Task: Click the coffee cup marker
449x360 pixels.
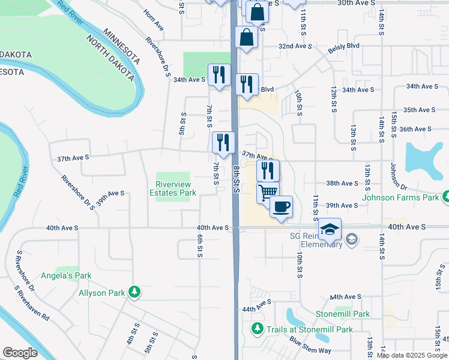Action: tap(281, 207)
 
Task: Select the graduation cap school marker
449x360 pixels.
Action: tap(330, 229)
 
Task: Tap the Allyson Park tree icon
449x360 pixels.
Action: tap(135, 293)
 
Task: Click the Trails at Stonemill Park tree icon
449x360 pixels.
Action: tap(258, 329)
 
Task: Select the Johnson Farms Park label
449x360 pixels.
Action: tap(401, 197)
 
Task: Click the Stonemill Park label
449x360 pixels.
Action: tap(343, 314)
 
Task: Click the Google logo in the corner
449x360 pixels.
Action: tap(20, 353)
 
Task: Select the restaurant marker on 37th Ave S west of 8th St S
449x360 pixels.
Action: tap(223, 143)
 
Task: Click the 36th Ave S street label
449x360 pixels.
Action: tap(415, 129)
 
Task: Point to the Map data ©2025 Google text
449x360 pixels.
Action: tap(412, 355)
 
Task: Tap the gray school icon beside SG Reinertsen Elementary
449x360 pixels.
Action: tap(352, 241)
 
